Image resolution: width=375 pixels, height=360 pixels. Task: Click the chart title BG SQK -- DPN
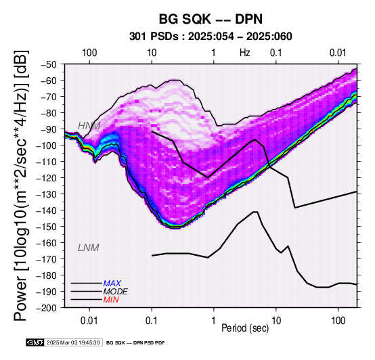211,19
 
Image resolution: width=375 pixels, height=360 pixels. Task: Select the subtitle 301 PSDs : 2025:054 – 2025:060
211,37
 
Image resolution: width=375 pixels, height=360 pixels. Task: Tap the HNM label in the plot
89,126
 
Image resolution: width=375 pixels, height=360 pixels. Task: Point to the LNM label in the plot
88,248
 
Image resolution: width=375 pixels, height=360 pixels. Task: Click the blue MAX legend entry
112,284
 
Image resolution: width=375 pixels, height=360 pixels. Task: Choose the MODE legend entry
115,292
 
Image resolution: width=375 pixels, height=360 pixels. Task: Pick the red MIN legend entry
111,300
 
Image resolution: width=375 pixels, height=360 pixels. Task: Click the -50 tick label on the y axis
49,64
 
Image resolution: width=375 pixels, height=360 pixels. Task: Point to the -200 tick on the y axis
47,307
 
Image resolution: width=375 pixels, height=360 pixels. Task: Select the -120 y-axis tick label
47,178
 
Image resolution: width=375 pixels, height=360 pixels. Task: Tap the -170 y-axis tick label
47,259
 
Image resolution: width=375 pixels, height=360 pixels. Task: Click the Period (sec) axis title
245,328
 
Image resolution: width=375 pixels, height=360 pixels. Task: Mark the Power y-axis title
21,185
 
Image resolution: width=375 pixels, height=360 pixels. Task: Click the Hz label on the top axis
245,53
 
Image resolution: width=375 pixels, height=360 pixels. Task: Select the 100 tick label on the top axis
89,53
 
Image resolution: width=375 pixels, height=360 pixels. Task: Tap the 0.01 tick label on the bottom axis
89,321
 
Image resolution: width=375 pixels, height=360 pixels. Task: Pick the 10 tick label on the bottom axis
276,321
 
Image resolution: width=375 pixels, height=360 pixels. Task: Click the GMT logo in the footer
35,342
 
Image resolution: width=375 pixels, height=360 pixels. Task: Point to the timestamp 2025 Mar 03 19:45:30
73,342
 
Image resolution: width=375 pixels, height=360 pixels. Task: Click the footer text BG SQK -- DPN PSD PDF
135,343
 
